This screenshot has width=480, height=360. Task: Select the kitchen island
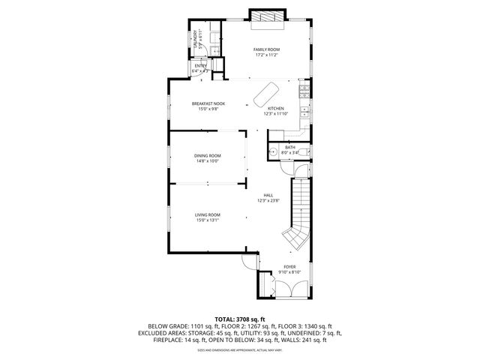[263, 95]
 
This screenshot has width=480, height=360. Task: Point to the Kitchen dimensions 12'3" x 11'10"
[275, 114]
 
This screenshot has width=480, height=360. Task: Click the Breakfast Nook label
[208, 103]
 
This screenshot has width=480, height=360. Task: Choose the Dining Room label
[207, 155]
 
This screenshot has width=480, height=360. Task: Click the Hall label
[268, 195]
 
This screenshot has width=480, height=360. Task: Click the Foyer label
[289, 266]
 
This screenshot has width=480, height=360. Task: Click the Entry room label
[200, 66]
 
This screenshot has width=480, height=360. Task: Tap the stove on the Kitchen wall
[304, 93]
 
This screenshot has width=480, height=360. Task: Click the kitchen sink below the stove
[304, 112]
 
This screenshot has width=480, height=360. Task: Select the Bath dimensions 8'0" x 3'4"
[289, 152]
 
